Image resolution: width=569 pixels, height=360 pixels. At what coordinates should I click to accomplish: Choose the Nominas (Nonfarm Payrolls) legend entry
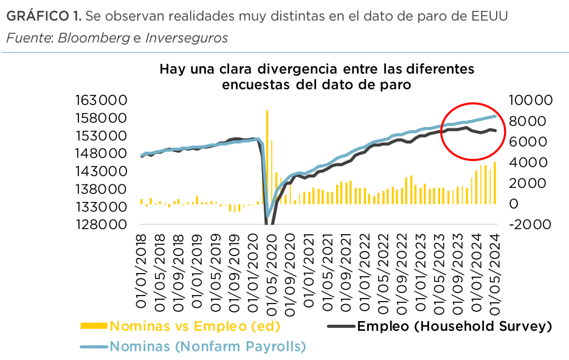click(x=207, y=347)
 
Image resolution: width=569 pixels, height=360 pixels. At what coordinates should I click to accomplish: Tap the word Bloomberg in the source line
click(x=94, y=38)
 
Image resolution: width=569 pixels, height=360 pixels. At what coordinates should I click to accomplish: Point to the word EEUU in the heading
click(x=489, y=15)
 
